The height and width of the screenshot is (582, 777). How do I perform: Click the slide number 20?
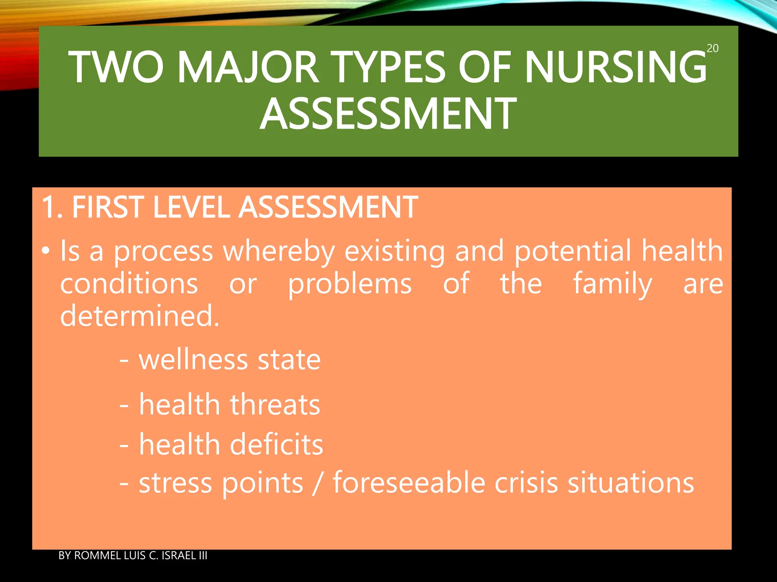[x=713, y=48]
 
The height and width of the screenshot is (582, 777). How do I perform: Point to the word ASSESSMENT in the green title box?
[x=388, y=113]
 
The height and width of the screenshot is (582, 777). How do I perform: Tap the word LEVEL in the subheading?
[x=191, y=207]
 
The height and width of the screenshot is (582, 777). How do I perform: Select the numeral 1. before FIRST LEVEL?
[x=52, y=207]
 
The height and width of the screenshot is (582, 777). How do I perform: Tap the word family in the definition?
[x=612, y=284]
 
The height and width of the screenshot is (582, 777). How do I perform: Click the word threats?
[x=275, y=405]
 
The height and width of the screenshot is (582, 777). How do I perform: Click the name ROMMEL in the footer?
[x=97, y=555]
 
